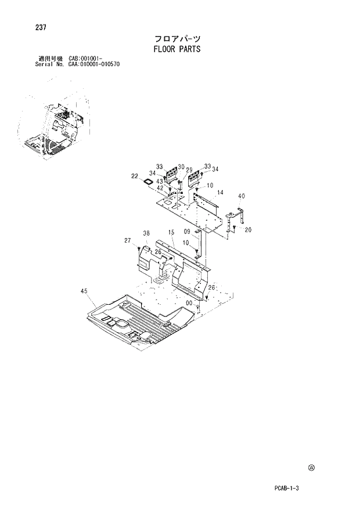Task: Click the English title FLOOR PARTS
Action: tap(177, 49)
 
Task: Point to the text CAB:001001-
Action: tap(85, 59)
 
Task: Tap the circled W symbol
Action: tap(311, 467)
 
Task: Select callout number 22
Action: tap(134, 176)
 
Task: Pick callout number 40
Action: tap(242, 196)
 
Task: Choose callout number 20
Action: tap(248, 230)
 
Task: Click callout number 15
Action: tap(171, 233)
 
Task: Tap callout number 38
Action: tap(147, 233)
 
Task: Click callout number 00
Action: tap(189, 302)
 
